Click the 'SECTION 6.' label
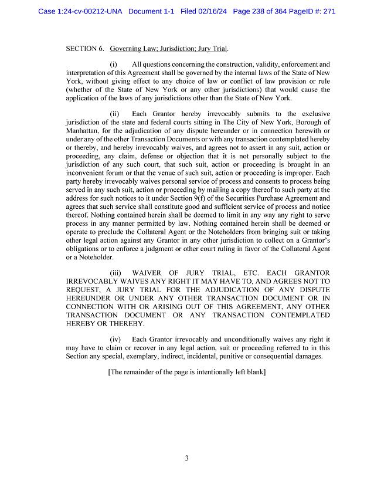pyautogui.click(x=86, y=48)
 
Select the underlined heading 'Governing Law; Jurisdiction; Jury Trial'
pyautogui.click(x=169, y=48)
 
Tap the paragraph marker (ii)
pyautogui.click(x=114, y=113)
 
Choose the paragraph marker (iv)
pyautogui.click(x=115, y=339)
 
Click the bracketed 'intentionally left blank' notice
pyautogui.click(x=187, y=372)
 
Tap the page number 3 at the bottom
pyautogui.click(x=186, y=458)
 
